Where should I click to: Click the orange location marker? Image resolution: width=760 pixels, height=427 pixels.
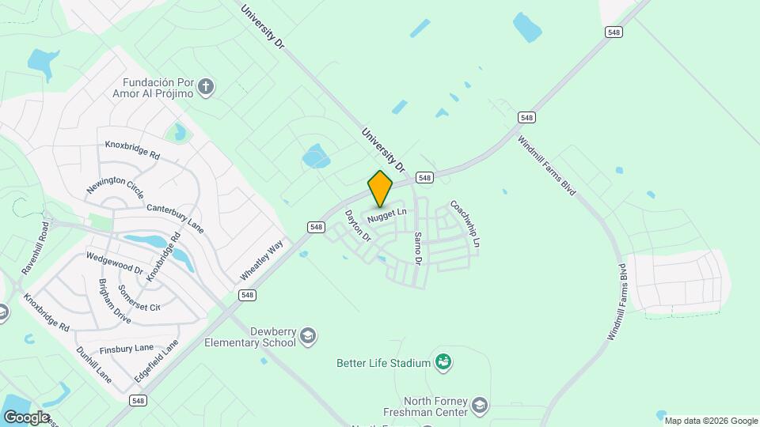tap(381, 188)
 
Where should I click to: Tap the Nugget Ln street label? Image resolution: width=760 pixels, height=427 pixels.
tap(387, 213)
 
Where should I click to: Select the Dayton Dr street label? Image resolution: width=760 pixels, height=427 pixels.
tap(357, 225)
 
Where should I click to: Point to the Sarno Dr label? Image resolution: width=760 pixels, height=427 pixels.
tap(419, 248)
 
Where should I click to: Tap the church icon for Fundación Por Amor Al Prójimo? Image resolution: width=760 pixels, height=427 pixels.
tap(206, 87)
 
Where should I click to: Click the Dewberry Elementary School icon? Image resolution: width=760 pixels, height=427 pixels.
tap(308, 338)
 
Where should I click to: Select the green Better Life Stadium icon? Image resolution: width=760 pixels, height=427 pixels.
tap(443, 362)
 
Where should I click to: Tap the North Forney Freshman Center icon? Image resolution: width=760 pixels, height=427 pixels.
tap(479, 406)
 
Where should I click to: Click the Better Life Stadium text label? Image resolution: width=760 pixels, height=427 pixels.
tap(383, 363)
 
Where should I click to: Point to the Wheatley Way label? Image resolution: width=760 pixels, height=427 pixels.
tap(262, 261)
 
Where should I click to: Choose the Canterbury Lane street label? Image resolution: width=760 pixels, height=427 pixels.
tap(175, 218)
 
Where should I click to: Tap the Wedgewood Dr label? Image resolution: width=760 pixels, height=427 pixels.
tap(114, 263)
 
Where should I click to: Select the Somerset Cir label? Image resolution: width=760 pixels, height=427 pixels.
tap(139, 297)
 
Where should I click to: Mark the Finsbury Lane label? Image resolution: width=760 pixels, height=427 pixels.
tap(127, 349)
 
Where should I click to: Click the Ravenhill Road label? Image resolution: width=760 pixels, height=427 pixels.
tap(35, 248)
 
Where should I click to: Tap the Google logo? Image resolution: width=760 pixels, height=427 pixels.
tap(26, 417)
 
